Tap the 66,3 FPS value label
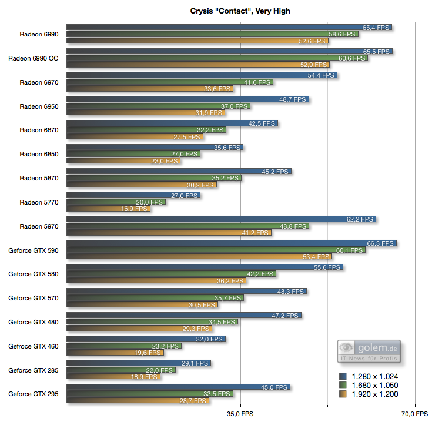tap(380, 243)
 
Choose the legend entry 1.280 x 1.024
tap(374, 376)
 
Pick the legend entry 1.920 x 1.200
tap(374, 394)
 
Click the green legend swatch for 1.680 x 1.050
tap(343, 385)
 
